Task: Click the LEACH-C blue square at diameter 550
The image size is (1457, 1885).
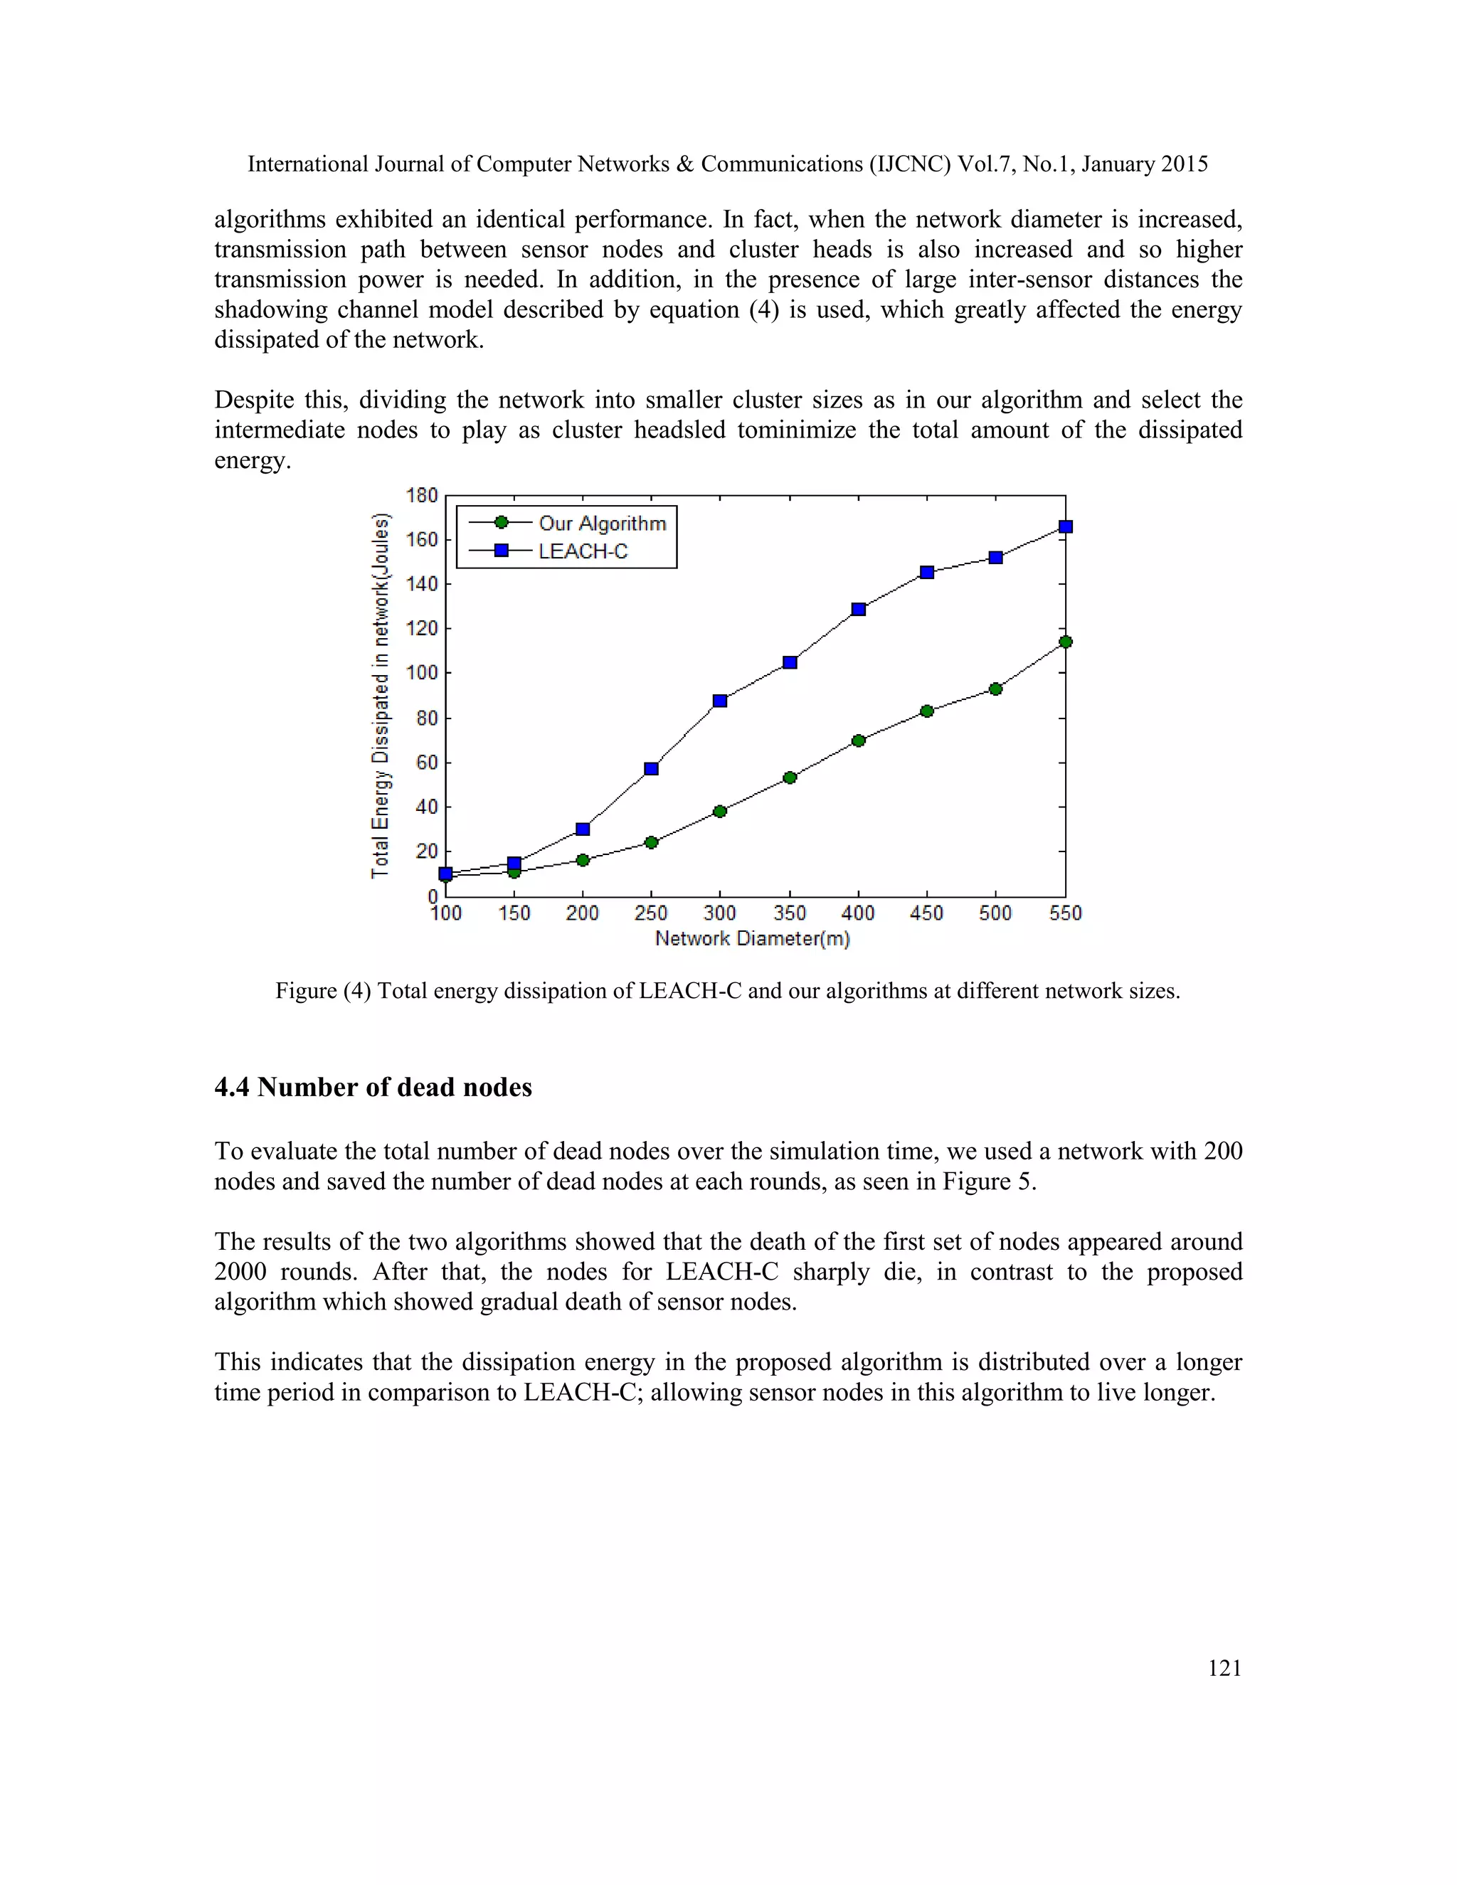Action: (1065, 526)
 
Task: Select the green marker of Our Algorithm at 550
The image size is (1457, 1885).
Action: (1065, 642)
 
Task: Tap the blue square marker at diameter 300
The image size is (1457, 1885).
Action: (720, 701)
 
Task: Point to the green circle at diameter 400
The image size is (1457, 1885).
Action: (858, 740)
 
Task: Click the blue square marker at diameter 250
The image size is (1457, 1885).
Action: (652, 768)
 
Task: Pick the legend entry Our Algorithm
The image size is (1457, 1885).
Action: (602, 523)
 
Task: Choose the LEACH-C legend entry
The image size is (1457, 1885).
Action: (583, 551)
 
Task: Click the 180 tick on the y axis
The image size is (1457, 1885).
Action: (422, 495)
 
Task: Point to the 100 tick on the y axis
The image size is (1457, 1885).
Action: (422, 672)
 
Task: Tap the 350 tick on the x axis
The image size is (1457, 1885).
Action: (789, 913)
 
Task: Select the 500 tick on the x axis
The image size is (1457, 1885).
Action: (995, 913)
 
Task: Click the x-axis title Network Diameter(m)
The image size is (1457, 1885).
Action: (752, 939)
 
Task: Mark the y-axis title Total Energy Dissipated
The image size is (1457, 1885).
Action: (380, 696)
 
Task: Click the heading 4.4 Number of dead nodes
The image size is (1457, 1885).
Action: (373, 1087)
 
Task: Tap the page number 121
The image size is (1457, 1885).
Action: (1224, 1668)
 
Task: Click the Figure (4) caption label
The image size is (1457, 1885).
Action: (323, 991)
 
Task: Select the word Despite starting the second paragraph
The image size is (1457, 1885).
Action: (252, 400)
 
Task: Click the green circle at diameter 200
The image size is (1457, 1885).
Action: (583, 860)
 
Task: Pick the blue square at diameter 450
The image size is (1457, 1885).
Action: (927, 572)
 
